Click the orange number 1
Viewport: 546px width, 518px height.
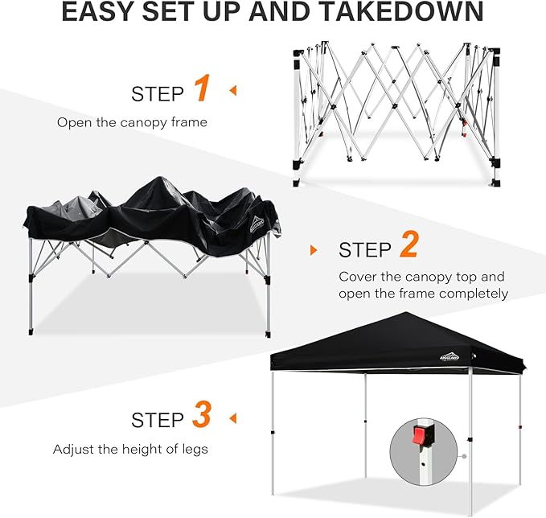click(x=202, y=88)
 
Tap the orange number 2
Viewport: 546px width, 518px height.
click(x=409, y=245)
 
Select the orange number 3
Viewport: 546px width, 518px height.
click(x=202, y=414)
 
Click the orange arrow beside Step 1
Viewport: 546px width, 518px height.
click(x=233, y=90)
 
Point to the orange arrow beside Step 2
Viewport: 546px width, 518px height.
click(x=314, y=250)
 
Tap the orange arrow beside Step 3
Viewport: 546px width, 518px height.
click(x=233, y=418)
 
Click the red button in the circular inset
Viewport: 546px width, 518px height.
click(x=419, y=435)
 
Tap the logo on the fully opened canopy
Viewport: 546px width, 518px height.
click(x=450, y=356)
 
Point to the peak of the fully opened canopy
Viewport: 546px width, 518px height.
click(x=405, y=312)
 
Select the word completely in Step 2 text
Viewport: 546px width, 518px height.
click(x=474, y=294)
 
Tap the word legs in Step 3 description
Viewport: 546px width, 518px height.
click(x=195, y=450)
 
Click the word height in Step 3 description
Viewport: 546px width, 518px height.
click(x=143, y=449)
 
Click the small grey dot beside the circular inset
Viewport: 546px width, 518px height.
click(x=464, y=456)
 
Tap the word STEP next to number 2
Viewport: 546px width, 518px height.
click(x=365, y=250)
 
